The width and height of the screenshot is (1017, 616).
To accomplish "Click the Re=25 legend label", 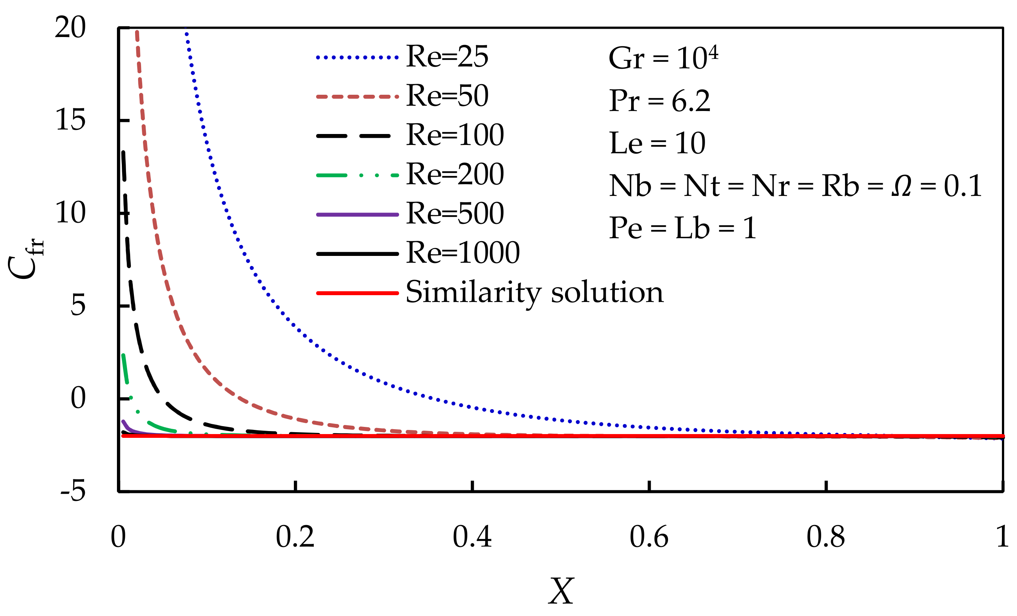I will pos(447,57).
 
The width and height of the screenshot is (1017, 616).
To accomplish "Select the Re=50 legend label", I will pos(447,96).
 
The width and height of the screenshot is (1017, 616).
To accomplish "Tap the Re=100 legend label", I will pos(455,135).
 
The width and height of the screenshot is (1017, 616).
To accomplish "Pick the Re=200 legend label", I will pos(455,174).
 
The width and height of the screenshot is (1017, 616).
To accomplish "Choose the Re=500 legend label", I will pos(455,214).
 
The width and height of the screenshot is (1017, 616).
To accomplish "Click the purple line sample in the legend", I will pos(358,214).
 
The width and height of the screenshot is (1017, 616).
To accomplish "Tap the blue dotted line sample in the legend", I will pos(358,57).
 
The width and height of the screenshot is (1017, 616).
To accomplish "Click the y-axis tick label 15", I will pos(70,120).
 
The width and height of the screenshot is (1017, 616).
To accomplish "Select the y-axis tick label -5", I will pos(73,491).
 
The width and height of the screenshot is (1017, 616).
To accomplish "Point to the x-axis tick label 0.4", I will pos(472,537).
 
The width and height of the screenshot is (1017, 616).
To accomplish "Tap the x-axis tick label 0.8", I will pos(825,537).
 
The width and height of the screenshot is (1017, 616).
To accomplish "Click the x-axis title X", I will pos(561,591).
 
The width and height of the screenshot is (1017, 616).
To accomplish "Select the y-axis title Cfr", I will pos(26,259).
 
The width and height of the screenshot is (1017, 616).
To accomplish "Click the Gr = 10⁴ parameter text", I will pos(663,58).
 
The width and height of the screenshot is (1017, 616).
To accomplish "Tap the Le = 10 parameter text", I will pos(657,143).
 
